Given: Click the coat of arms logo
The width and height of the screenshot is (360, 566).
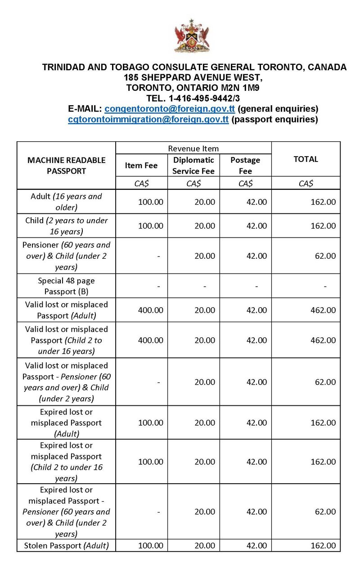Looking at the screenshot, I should point(192,36).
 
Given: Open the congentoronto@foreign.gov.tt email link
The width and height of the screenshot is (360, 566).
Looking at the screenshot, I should point(170,109).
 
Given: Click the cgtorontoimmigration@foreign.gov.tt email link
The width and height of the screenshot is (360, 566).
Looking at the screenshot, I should point(148,119).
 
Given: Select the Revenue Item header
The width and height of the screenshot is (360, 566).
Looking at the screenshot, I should point(193,148).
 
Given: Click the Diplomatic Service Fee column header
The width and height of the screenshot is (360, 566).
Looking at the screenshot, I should point(193,165).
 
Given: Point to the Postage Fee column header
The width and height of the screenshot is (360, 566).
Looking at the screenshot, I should point(245,165).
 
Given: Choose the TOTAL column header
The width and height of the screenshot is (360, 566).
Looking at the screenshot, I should point(306,159).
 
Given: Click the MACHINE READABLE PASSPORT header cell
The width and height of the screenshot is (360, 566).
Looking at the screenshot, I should point(67,165).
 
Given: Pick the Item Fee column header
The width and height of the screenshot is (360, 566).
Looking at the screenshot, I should point(141,165).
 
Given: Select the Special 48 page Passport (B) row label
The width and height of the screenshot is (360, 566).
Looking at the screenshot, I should point(67,286).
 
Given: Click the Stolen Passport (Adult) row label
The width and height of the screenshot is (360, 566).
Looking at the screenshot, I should point(67,546).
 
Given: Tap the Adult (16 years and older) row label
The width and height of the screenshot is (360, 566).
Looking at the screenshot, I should point(67,202).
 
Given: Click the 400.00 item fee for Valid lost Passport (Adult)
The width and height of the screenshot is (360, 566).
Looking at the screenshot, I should point(151,310).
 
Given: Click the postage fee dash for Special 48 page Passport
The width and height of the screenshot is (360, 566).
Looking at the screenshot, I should point(256,286).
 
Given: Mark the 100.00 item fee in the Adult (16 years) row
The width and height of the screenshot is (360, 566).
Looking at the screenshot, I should point(151,202).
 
